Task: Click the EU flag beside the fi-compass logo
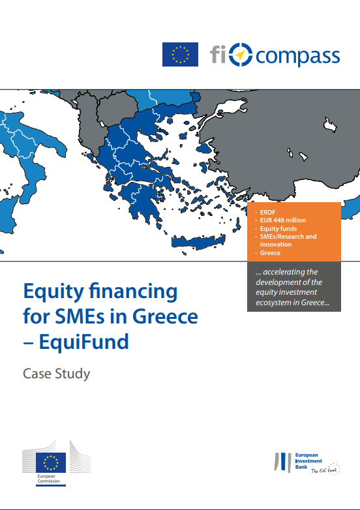(180, 54)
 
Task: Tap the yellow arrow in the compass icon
(240, 55)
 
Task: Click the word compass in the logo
(297, 57)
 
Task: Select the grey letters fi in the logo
(218, 54)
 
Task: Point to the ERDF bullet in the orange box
(267, 213)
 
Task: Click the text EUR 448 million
(283, 220)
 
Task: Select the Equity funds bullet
(278, 229)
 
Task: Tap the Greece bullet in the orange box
(270, 253)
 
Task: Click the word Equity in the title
(53, 292)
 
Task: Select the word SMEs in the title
(78, 316)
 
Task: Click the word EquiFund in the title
(84, 342)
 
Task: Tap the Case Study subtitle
(56, 374)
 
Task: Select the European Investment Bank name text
(308, 461)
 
